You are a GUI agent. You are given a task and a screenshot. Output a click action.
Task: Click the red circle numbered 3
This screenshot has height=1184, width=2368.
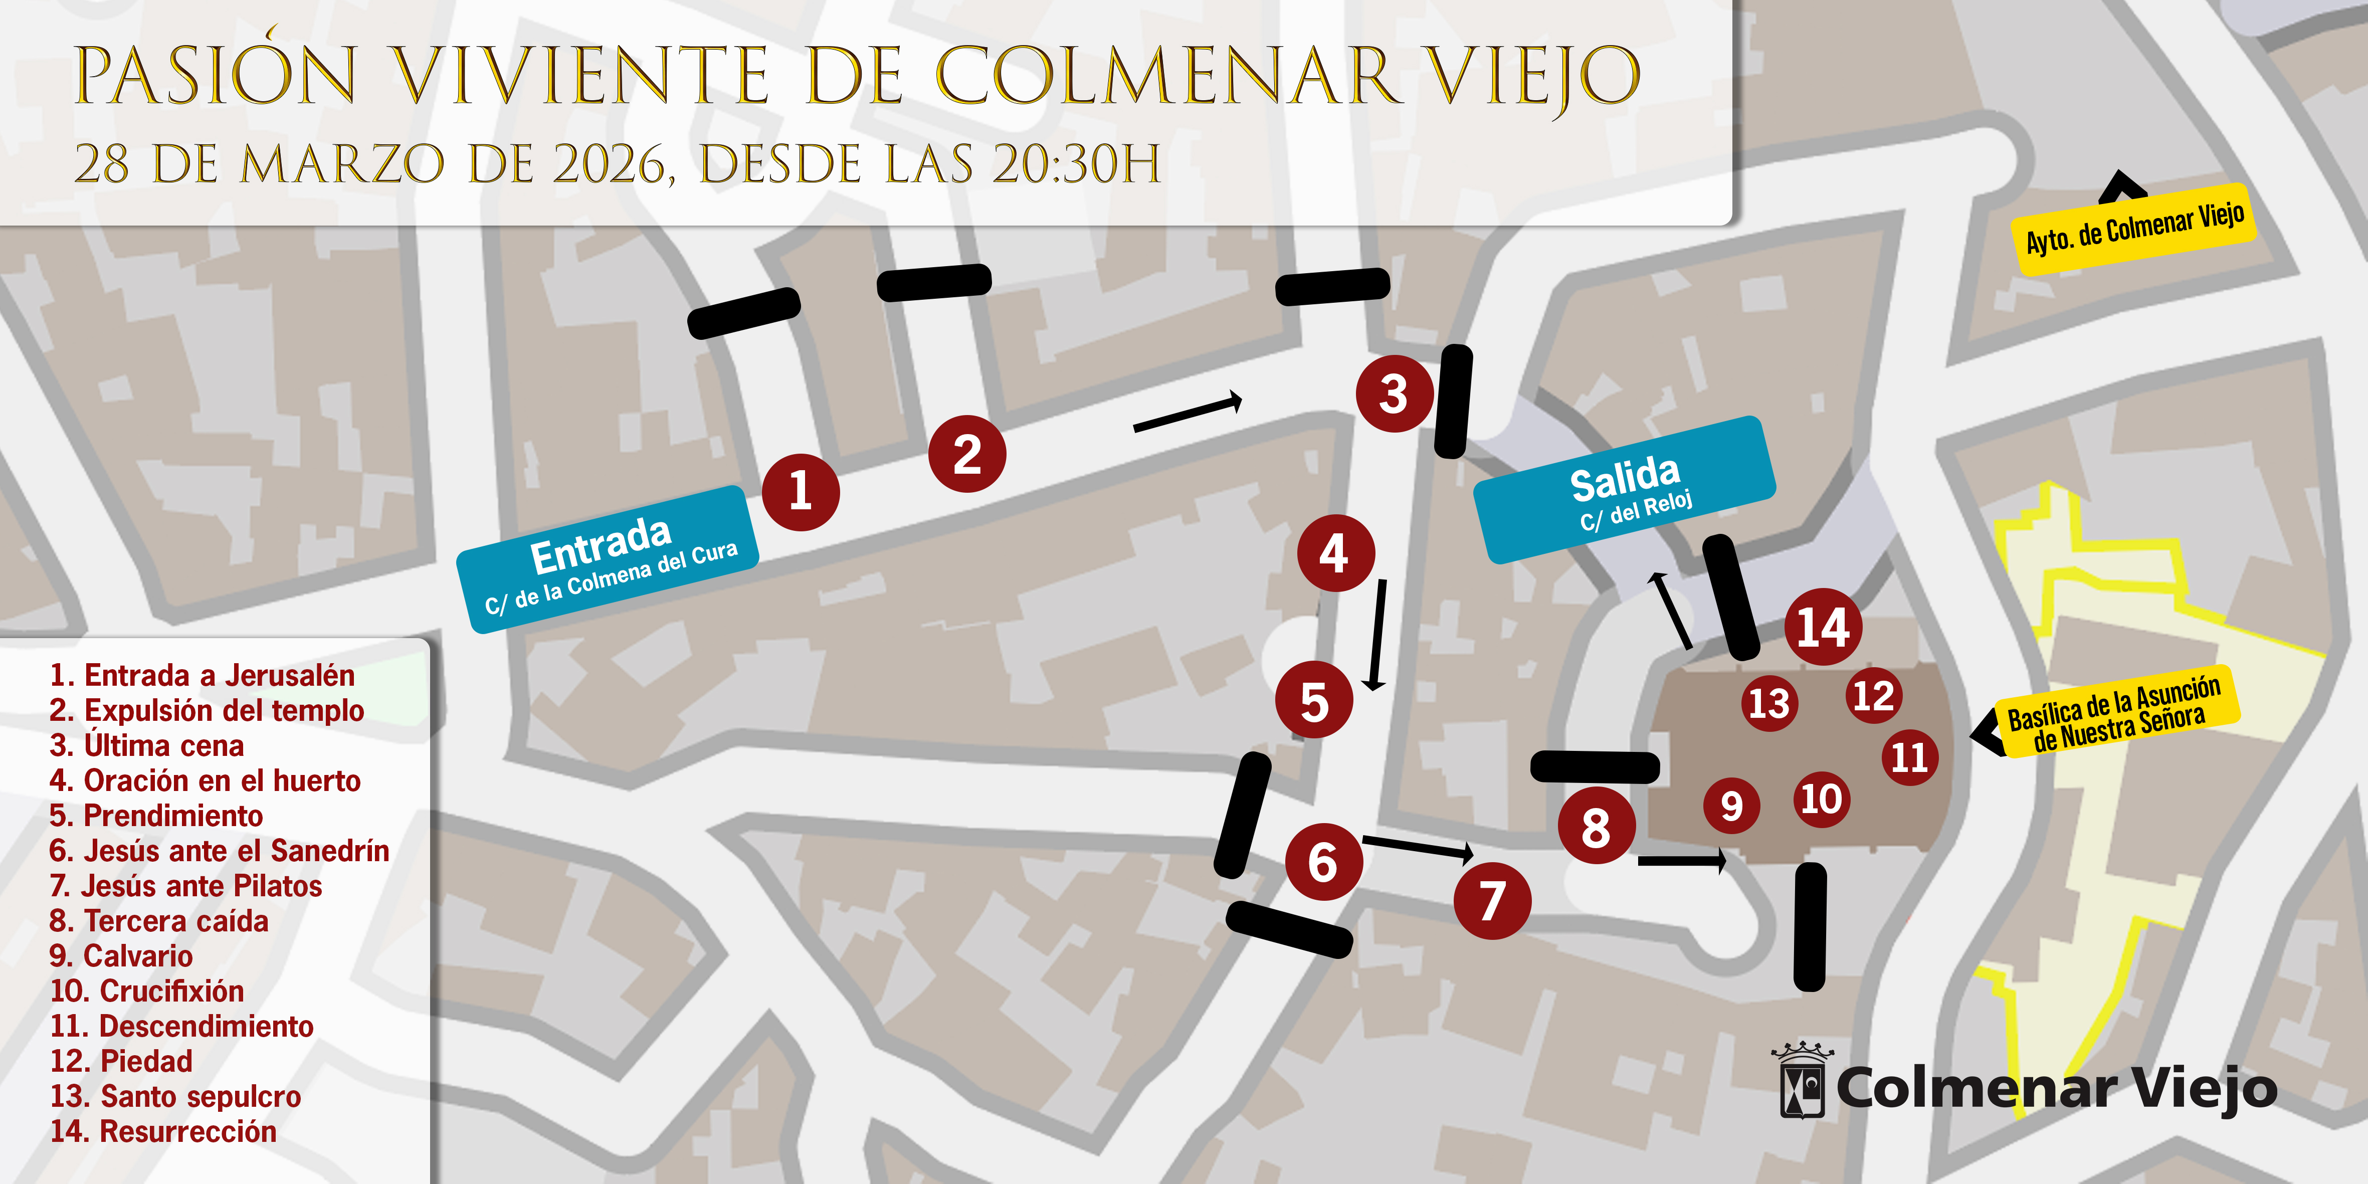click(1394, 393)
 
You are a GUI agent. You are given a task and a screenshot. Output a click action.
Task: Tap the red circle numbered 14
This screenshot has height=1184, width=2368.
click(1823, 627)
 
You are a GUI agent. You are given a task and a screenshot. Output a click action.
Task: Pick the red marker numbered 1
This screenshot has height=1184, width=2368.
click(800, 492)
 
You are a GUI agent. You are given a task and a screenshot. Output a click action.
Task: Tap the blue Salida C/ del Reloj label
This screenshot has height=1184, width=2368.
click(1624, 490)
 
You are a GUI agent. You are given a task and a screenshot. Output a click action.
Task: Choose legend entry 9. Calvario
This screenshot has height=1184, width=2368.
click(121, 956)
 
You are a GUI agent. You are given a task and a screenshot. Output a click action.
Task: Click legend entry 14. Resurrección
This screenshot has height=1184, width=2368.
click(163, 1131)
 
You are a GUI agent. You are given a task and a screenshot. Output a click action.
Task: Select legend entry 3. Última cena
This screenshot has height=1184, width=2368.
click(147, 745)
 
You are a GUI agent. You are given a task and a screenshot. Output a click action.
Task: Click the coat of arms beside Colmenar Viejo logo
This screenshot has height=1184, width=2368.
click(1802, 1082)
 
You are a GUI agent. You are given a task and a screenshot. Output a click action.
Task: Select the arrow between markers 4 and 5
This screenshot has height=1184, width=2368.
click(1378, 634)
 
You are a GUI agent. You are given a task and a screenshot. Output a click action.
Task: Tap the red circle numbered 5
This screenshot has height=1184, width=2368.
click(1314, 700)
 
